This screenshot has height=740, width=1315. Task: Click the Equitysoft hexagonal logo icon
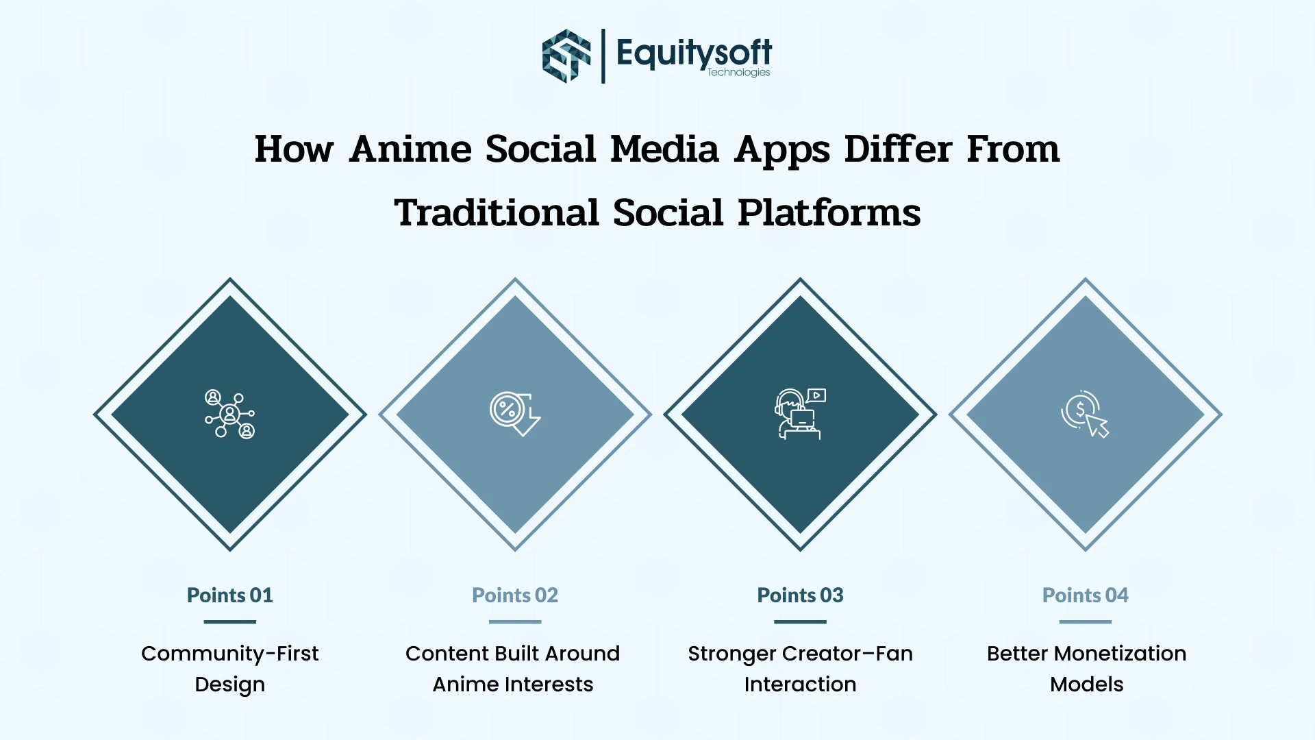pos(566,56)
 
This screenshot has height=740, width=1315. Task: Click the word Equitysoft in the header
pos(693,52)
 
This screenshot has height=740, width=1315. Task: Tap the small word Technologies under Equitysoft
pos(738,73)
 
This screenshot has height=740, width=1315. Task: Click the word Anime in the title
pos(410,149)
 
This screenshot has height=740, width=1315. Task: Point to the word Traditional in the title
pos(497,212)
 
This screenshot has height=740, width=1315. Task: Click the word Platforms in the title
pos(829,212)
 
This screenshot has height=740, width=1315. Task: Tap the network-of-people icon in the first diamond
pos(230,414)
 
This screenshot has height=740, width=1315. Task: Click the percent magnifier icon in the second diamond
pos(514,414)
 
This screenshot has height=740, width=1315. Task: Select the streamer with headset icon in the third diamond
pos(800,414)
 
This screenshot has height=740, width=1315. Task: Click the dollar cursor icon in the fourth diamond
pos(1085,414)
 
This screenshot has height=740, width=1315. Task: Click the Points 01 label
pos(230,595)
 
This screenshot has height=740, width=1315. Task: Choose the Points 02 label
pos(515,595)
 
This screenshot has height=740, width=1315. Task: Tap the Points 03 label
pos(800,595)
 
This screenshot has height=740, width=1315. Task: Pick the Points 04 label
pos(1085,595)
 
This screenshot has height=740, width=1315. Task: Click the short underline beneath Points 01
pos(230,622)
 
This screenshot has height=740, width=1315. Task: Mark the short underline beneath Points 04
pos(1085,622)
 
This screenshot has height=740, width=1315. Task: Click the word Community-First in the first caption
pos(230,654)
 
